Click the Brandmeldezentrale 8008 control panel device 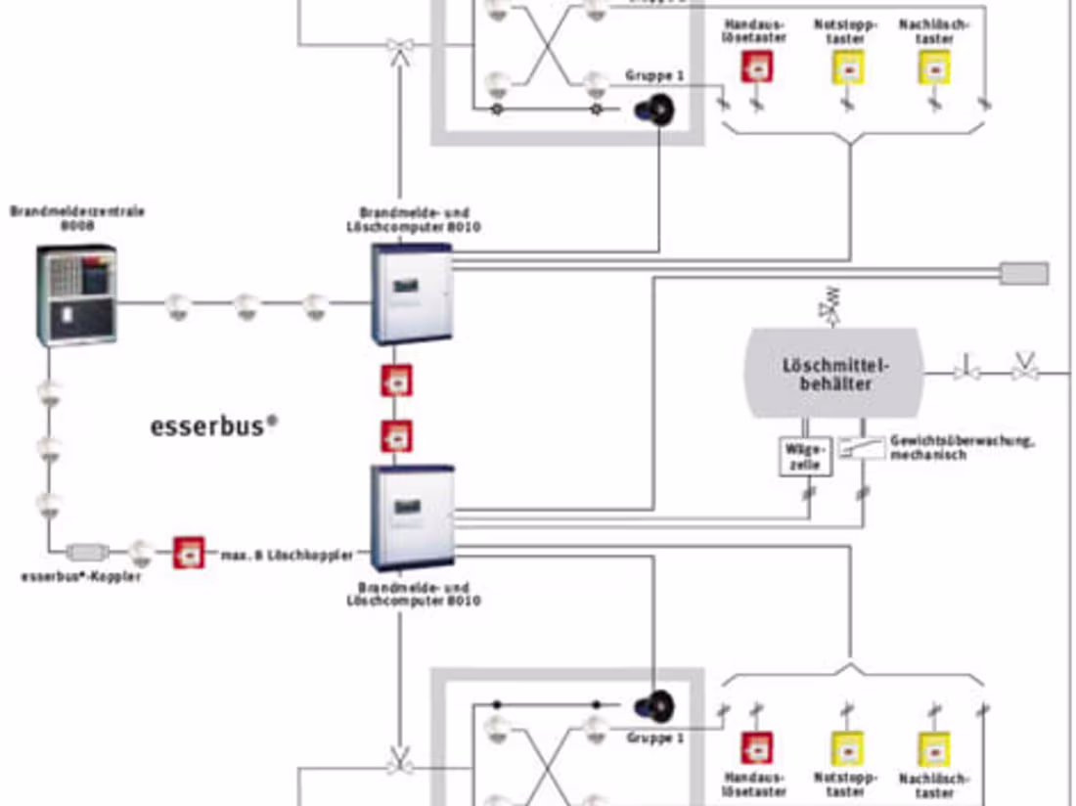(x=76, y=294)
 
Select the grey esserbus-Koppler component (x=90, y=552)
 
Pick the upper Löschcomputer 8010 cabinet (x=412, y=293)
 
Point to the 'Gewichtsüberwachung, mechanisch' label (x=961, y=448)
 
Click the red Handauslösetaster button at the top (x=755, y=67)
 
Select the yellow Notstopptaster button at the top (x=846, y=67)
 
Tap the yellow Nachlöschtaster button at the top (x=934, y=67)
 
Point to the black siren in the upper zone (x=655, y=109)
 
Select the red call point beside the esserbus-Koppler (x=188, y=553)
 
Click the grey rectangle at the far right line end (x=1023, y=273)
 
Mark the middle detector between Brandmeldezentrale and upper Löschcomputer (x=245, y=305)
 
